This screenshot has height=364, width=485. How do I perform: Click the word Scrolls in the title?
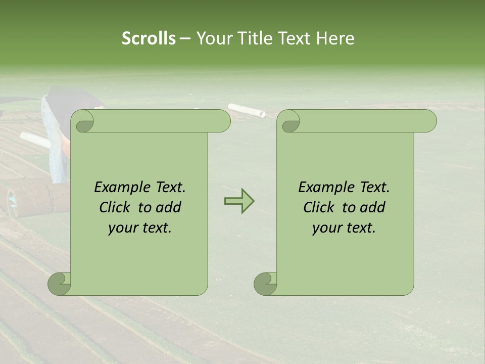coord(149,38)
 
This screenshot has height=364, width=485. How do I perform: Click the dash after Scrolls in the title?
coord(185,39)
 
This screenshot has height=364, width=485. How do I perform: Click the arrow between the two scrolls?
coord(239,201)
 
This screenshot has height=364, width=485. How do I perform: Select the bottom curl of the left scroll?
coord(59,284)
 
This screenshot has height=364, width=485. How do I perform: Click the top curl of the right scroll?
coord(290,122)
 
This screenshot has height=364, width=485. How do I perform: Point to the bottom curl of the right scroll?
coord(265,284)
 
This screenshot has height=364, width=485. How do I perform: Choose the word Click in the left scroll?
coord(116,207)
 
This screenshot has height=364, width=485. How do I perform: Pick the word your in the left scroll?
coord(122,227)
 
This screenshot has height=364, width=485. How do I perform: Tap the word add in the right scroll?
coord(373,207)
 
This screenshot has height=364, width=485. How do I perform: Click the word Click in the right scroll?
coord(320,207)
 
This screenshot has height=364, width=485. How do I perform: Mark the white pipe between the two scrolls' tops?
coord(246,110)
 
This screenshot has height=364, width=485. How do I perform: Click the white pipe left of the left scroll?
coord(35,140)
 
